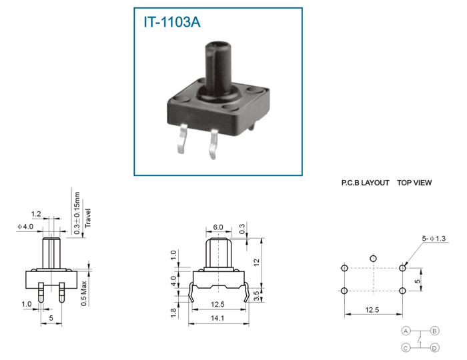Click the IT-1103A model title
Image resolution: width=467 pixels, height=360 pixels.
[x=172, y=22]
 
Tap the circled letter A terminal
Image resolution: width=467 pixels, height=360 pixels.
[x=406, y=331]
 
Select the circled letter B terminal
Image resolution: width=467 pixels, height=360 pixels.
[x=434, y=331]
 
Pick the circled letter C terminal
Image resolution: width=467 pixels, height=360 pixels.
[x=406, y=348]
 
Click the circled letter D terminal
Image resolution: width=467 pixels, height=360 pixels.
[x=434, y=348]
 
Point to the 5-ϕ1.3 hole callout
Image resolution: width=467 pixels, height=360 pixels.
[x=434, y=238]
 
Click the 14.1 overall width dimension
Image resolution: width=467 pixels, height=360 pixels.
[x=217, y=318]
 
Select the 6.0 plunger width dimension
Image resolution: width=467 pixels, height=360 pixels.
[x=218, y=227]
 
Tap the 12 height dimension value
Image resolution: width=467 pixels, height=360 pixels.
[x=256, y=263]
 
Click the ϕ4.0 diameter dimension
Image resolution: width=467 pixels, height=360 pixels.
[x=25, y=227]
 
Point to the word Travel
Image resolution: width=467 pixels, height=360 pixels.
[x=87, y=218]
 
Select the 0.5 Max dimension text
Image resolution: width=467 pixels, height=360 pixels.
[x=84, y=293]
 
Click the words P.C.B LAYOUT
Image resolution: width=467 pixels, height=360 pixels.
[x=365, y=183]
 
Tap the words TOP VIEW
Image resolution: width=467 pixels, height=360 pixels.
[x=414, y=183]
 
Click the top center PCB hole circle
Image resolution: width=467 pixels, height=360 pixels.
[x=373, y=258]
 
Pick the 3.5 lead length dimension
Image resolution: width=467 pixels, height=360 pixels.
[x=257, y=296]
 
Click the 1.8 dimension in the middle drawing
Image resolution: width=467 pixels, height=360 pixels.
[x=173, y=313]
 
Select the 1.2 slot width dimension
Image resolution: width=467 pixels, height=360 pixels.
[x=36, y=214]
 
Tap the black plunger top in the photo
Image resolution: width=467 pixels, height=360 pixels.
[x=217, y=47]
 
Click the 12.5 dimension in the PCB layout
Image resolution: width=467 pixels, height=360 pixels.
[x=372, y=310]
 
